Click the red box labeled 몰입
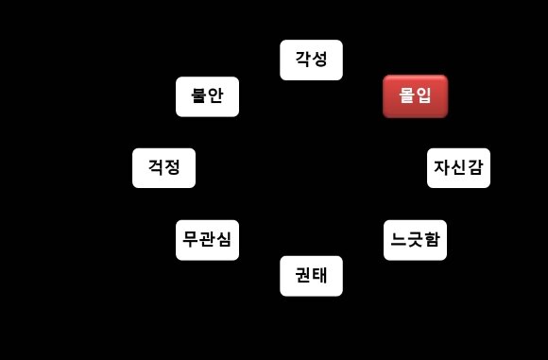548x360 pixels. [x=415, y=96]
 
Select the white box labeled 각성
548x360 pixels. [x=311, y=60]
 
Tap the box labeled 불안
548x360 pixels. [x=207, y=96]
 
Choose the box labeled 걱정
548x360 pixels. [x=163, y=168]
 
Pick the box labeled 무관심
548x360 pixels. [x=207, y=240]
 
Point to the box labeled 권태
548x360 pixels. [x=311, y=276]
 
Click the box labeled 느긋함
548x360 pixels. [x=415, y=240]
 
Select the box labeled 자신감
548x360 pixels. [x=458, y=168]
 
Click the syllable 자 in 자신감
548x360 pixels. [x=441, y=168]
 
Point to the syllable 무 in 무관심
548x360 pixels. [x=190, y=240]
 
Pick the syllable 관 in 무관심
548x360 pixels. [x=207, y=240]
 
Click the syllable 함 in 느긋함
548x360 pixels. [x=432, y=240]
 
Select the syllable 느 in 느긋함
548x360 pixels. [x=398, y=240]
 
